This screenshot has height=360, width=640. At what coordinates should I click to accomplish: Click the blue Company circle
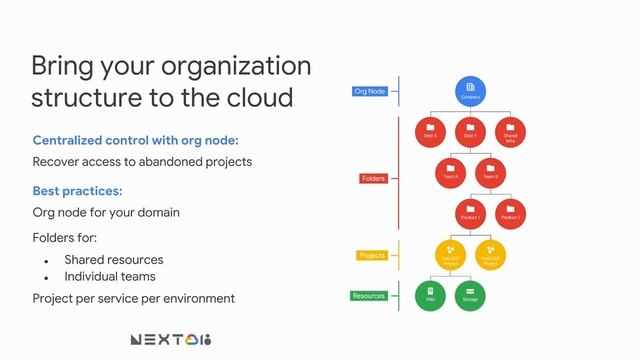(x=471, y=92)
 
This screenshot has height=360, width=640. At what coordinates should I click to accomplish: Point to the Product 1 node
(x=470, y=212)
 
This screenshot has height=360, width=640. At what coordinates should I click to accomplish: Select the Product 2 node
(x=510, y=212)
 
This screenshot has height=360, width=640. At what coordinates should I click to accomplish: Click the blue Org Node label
(x=371, y=91)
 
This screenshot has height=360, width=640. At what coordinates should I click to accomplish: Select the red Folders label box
(x=373, y=179)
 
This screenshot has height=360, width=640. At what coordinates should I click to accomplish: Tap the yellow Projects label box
(x=371, y=255)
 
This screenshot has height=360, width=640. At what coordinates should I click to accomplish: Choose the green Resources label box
(x=369, y=296)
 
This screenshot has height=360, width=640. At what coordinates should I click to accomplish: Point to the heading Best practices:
(x=78, y=190)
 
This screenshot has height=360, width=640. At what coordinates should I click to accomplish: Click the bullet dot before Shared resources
(x=46, y=260)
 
